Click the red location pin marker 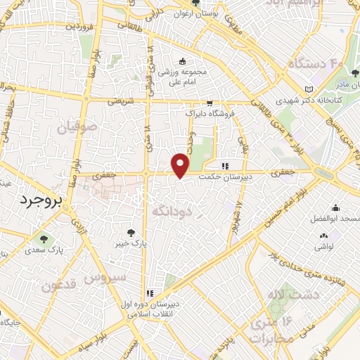point(181,165)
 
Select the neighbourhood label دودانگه point(172,210)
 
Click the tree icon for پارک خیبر point(131,233)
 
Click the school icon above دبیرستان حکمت point(225,166)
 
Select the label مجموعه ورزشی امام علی point(182,77)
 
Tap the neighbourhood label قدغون point(58,286)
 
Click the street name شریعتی point(121,101)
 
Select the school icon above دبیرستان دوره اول point(149,293)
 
